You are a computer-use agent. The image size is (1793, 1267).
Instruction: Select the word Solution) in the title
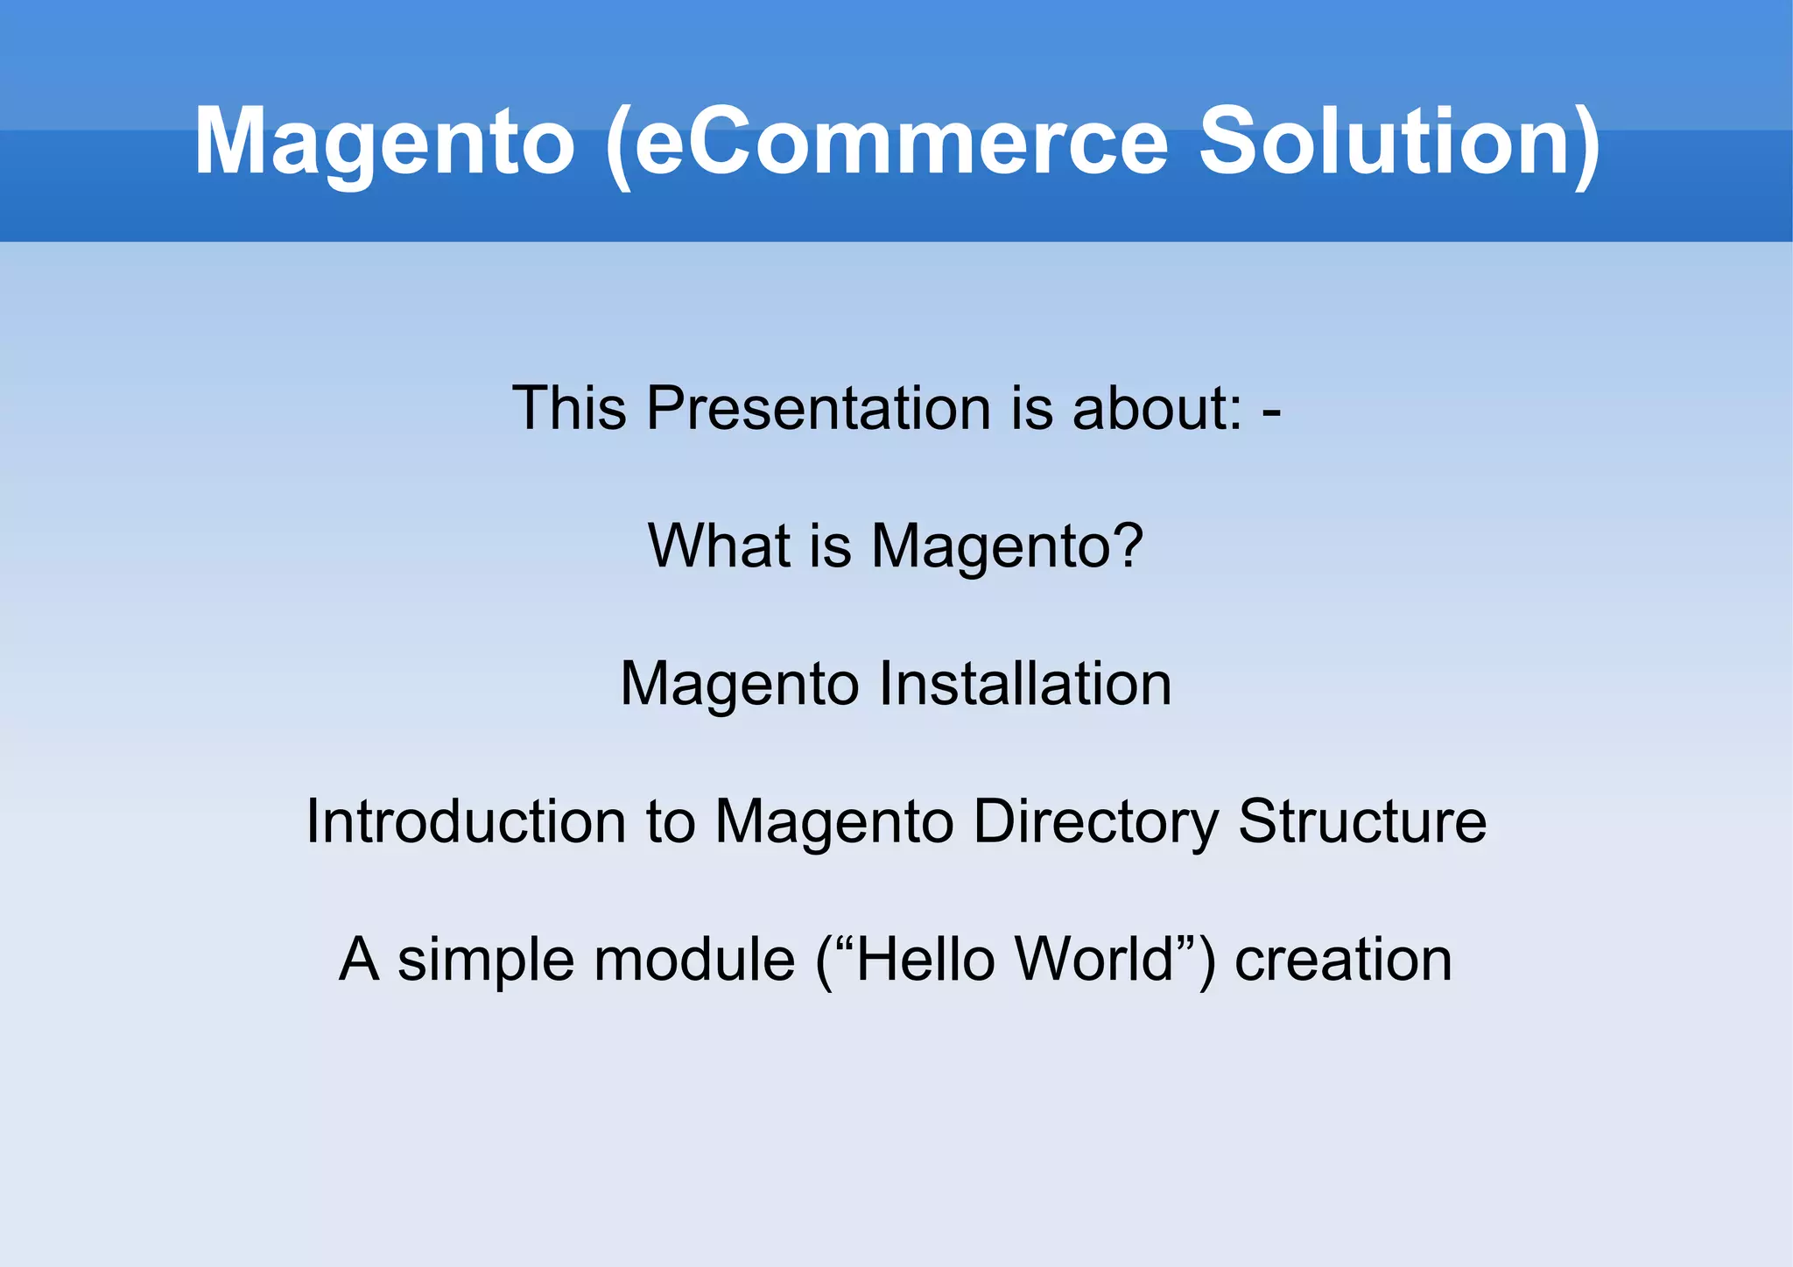click(1398, 143)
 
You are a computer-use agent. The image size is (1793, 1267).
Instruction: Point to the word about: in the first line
click(1157, 408)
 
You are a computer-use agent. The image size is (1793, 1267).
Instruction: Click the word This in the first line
click(569, 408)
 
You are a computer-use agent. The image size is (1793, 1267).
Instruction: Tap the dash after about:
click(1272, 410)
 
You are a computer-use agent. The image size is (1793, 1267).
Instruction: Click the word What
click(719, 546)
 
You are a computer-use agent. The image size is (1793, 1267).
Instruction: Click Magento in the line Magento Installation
click(739, 684)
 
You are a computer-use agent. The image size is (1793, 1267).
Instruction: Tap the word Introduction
click(466, 821)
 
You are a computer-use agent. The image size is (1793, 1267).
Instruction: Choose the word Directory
click(1094, 823)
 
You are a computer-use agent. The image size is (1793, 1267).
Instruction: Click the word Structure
click(1361, 821)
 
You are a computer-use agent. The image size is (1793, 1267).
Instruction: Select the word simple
click(485, 960)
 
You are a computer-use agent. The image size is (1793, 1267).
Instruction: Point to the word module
click(694, 960)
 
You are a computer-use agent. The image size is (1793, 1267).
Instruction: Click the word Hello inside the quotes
click(926, 960)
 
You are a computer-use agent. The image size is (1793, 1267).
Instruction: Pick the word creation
click(1343, 960)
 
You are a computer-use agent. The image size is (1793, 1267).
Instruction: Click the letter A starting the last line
click(359, 960)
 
